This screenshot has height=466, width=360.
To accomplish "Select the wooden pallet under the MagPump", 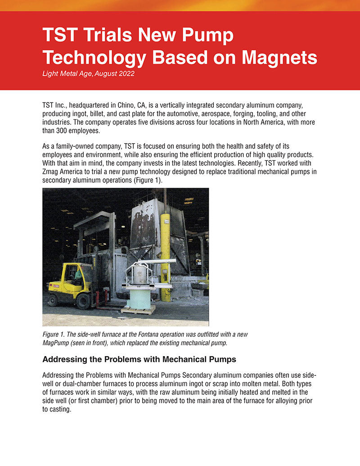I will click(x=139, y=310).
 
